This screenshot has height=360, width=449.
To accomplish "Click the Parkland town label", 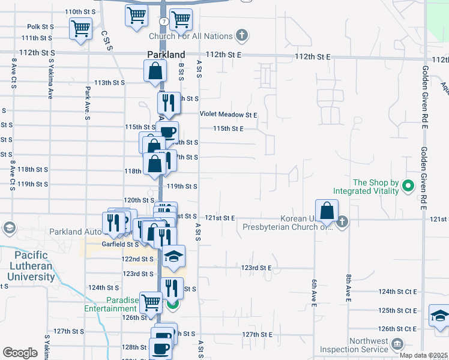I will [164, 55].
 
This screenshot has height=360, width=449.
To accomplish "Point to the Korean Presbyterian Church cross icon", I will [342, 222].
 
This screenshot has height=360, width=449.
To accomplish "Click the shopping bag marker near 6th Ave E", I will [327, 211].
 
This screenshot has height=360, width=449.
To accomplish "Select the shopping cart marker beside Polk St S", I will [80, 28].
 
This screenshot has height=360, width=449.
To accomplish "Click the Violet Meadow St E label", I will [229, 115].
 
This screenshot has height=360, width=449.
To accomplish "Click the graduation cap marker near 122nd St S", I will [174, 256].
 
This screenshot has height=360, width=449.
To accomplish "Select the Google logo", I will [20, 353].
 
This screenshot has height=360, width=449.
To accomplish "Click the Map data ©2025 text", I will [424, 355].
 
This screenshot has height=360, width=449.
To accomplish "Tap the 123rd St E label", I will [258, 267].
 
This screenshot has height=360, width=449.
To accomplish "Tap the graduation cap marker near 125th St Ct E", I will [440, 316].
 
